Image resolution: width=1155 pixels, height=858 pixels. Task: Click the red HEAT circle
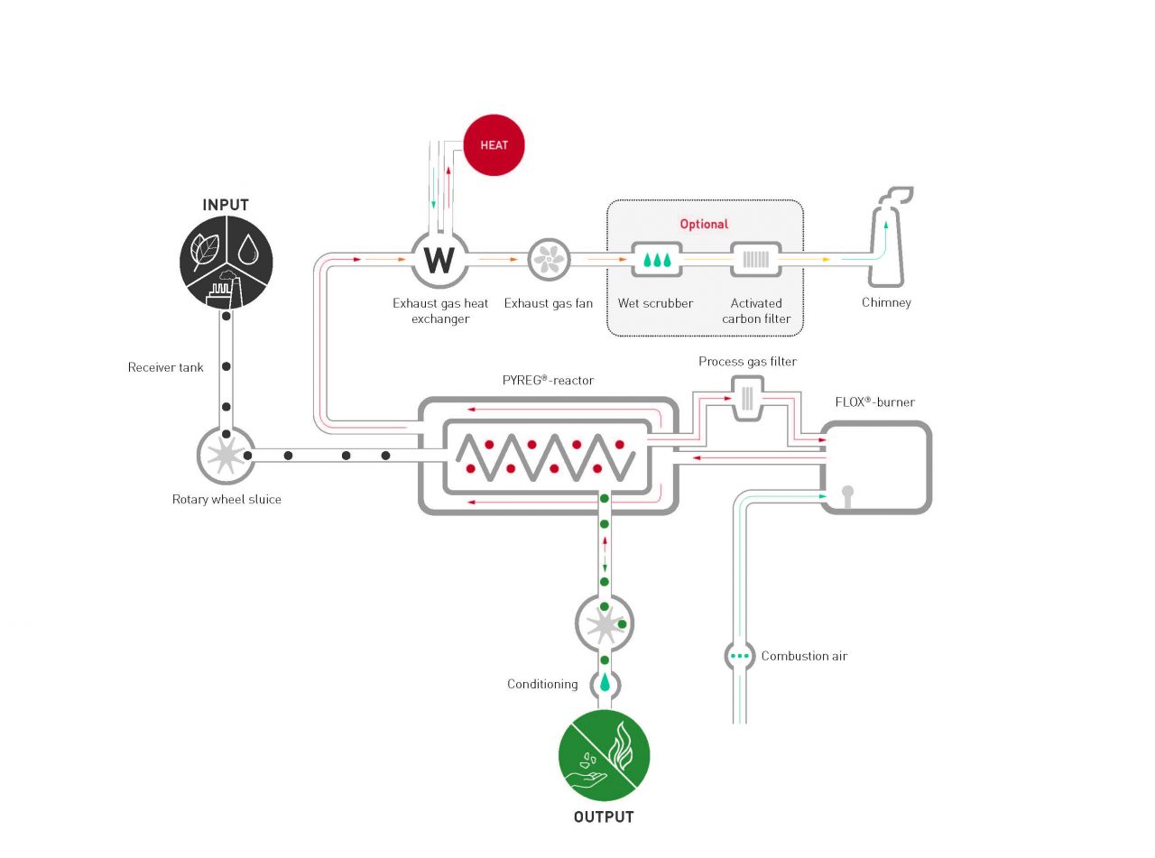pos(494,145)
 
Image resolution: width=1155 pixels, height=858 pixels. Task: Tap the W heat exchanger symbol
pos(439,259)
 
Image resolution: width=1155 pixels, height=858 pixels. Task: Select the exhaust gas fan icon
pos(549,259)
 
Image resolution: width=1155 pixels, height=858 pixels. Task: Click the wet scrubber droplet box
pos(656,260)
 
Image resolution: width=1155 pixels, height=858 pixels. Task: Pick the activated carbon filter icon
pos(755,260)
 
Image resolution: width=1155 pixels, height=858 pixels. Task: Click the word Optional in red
pos(704,224)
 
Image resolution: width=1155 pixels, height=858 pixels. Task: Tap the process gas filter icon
pos(746,398)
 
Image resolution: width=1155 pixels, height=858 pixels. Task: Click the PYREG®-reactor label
pos(548,381)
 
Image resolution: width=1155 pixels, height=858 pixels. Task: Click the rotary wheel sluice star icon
pos(225,455)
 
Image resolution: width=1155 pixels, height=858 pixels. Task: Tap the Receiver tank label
pos(166,367)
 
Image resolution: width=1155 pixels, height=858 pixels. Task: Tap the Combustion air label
pos(804,656)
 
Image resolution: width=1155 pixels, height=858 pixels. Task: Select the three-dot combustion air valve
pos(740,656)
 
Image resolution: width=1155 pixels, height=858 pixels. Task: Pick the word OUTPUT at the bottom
pos(604,817)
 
